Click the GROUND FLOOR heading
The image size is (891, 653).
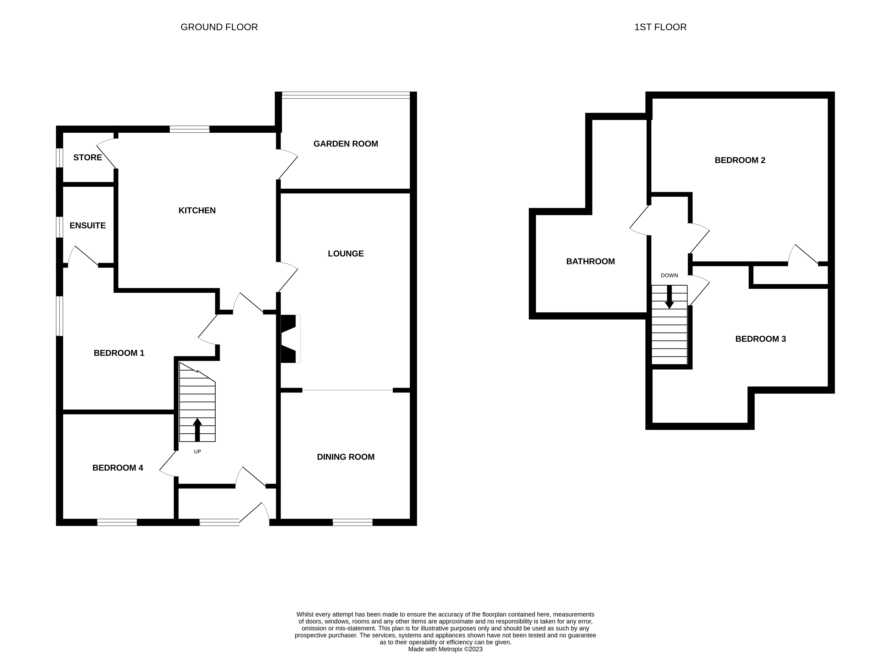(219, 27)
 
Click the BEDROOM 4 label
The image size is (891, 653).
(117, 468)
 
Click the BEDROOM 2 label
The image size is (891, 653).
(740, 160)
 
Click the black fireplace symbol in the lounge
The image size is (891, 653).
(288, 339)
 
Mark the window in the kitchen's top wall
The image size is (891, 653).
(190, 129)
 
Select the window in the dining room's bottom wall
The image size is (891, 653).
(352, 523)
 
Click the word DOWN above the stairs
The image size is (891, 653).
(669, 275)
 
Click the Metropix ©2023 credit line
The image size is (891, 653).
(445, 649)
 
